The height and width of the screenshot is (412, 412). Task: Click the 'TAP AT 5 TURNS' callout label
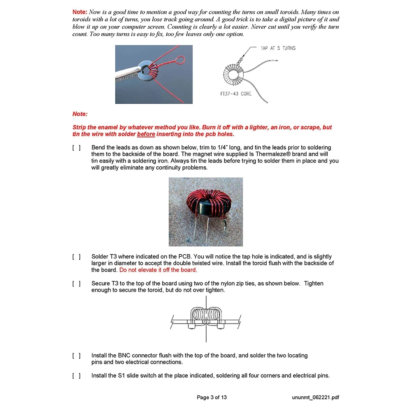[278, 48]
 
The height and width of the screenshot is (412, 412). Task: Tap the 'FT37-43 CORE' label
[236, 93]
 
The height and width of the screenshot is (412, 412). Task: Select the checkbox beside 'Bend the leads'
[77, 147]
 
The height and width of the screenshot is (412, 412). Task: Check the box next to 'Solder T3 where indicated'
[77, 257]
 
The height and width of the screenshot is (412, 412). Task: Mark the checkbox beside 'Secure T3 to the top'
[77, 284]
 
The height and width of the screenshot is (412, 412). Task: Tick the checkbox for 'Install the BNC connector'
[77, 356]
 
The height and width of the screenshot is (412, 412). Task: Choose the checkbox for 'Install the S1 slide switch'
[77, 376]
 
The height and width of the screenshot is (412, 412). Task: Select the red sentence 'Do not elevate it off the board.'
[158, 270]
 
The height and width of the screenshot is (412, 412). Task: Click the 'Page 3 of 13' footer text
[212, 397]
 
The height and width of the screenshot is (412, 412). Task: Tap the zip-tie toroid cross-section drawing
[206, 319]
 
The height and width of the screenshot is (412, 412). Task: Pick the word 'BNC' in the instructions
[126, 356]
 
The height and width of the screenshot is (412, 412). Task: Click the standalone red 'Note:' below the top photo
[80, 114]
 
